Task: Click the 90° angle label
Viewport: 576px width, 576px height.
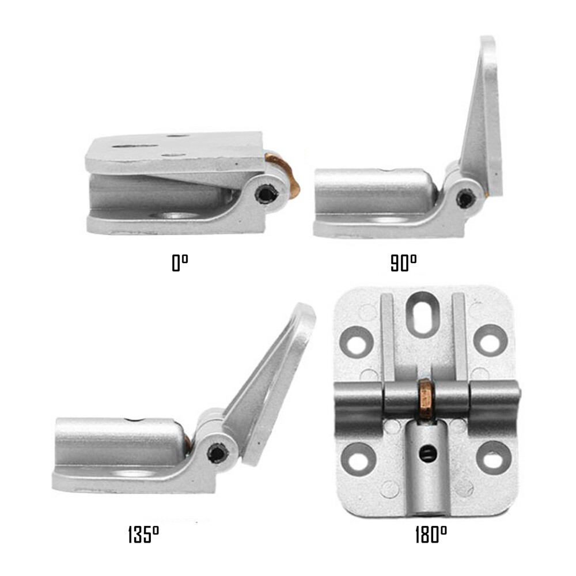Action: tap(403, 264)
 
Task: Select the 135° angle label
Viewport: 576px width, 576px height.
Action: tap(143, 535)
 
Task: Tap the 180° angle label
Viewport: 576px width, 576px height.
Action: tap(431, 535)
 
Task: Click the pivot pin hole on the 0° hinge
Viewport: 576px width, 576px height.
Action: tap(267, 194)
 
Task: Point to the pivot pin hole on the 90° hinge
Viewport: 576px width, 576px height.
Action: tap(465, 199)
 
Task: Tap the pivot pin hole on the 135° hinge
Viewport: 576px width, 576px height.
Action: tap(218, 453)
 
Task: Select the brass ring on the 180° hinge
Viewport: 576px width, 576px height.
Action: tap(427, 399)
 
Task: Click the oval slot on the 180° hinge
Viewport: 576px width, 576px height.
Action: tap(423, 313)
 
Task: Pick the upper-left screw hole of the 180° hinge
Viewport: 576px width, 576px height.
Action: tap(357, 342)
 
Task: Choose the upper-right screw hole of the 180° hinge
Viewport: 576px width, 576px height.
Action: tap(490, 340)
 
